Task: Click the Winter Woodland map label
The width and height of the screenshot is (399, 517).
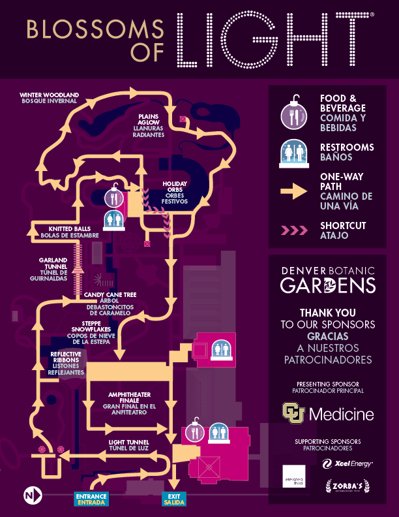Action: click(x=50, y=98)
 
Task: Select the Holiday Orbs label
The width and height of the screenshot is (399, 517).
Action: click(x=176, y=193)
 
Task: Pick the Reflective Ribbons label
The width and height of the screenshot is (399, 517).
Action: click(x=66, y=363)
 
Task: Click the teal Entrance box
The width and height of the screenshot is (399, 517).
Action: click(x=91, y=499)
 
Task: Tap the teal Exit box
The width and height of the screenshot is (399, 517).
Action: click(x=173, y=499)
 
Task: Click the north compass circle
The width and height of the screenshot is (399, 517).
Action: click(x=33, y=496)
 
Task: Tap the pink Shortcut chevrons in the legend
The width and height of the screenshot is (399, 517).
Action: click(x=293, y=230)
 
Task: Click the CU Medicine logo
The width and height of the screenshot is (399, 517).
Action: click(x=328, y=413)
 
